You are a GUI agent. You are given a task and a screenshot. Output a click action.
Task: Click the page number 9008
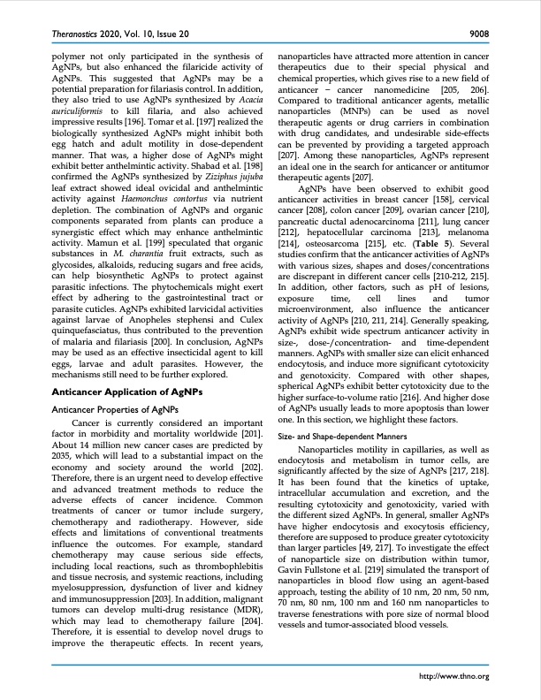[x=478, y=34]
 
